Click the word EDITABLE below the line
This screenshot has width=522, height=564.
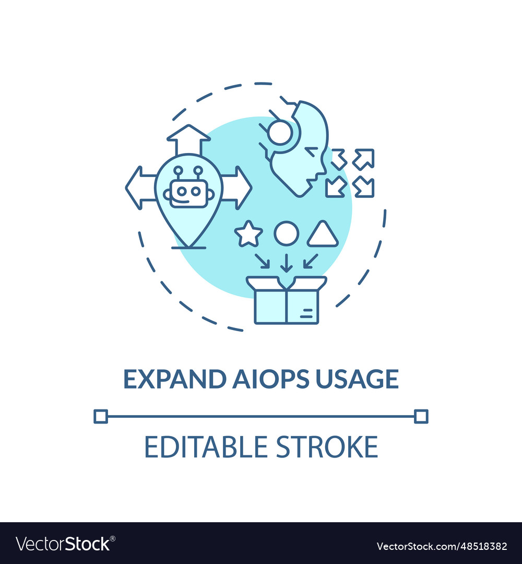[203, 447]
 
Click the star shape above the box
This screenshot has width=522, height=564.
[248, 234]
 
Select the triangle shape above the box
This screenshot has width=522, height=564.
[323, 234]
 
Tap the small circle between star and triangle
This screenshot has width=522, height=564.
[287, 233]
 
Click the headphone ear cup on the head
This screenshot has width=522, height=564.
[280, 133]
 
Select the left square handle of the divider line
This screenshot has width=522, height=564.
[101, 416]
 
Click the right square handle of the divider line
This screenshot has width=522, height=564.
[421, 416]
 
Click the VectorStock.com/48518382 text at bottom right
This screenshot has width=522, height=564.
[442, 546]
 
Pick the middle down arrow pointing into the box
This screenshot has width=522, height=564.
[286, 262]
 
